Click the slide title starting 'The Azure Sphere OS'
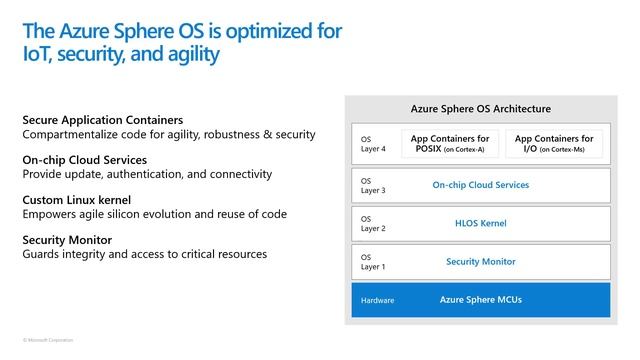(x=181, y=41)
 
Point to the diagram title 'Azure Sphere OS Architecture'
(x=481, y=108)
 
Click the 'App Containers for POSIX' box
(x=449, y=143)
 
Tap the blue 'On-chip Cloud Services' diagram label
(x=481, y=185)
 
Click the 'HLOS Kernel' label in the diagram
(x=481, y=223)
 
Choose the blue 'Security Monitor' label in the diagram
(x=481, y=262)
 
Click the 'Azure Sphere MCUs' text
(x=481, y=300)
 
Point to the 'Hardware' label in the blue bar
(x=378, y=301)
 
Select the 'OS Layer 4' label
(x=372, y=144)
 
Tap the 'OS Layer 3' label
(x=372, y=186)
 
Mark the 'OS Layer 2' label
(x=372, y=224)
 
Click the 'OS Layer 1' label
(x=372, y=262)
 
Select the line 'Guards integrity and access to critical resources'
(x=144, y=254)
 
